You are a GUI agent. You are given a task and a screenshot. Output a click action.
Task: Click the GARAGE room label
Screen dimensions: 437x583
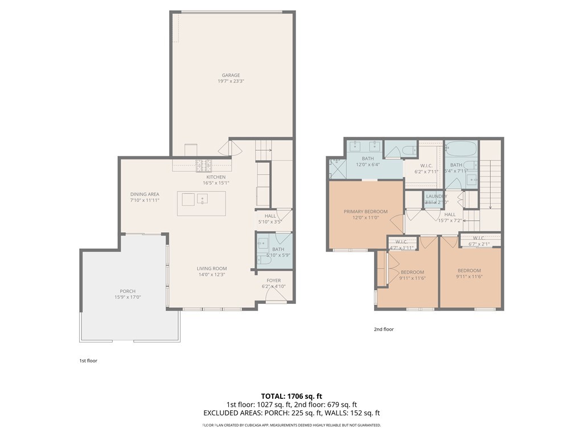tap(231, 75)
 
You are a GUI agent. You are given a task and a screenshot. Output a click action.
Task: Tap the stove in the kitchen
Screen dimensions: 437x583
tap(204, 166)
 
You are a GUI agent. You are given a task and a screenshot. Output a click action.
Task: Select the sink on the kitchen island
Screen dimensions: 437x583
tap(203, 199)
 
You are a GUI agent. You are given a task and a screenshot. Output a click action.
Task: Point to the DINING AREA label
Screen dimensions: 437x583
tap(145, 194)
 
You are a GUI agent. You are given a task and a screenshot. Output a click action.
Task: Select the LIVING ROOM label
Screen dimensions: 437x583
tap(212, 269)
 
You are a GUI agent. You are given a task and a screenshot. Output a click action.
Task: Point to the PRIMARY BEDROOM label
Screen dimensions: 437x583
tap(365, 212)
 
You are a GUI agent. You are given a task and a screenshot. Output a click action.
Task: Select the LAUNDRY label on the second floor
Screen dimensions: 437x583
tap(436, 196)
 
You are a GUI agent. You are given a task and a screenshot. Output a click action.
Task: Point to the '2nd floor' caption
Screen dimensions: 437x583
tap(383, 329)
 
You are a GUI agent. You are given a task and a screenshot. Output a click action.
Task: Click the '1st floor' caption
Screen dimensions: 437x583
tap(88, 360)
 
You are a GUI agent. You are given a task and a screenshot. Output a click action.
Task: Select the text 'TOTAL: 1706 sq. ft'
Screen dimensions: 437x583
tap(291, 396)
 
